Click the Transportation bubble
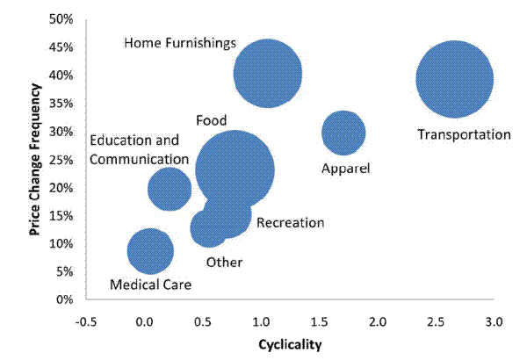tap(453, 79)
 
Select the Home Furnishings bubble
tap(268, 74)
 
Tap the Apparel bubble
tap(343, 133)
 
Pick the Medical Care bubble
tap(150, 251)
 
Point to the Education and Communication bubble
tap(170, 188)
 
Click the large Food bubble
tap(235, 169)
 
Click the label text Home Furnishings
tap(180, 42)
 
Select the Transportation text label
tap(463, 135)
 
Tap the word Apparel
tap(346, 168)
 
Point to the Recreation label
tap(291, 223)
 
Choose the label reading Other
tap(224, 262)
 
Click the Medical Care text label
tap(150, 284)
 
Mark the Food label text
tap(212, 120)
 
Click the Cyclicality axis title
tap(290, 343)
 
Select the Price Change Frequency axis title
tap(36, 159)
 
